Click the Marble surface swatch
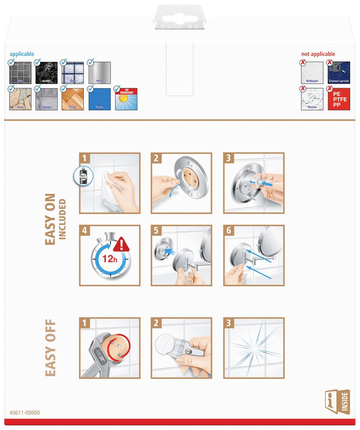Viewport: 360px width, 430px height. (x=46, y=73)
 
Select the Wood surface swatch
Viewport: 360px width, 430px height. (x=73, y=99)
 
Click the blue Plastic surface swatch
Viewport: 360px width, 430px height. (x=100, y=99)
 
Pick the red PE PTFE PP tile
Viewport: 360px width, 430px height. (x=339, y=99)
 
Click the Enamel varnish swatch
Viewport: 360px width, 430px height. (x=339, y=72)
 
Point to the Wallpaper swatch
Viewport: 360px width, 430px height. (x=312, y=72)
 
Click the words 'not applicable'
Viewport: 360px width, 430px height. (x=318, y=54)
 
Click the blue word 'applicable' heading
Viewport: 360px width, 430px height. (x=22, y=54)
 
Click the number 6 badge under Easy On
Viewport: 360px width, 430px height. (x=229, y=231)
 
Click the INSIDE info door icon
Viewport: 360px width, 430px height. (x=337, y=402)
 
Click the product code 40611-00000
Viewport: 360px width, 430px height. (x=25, y=413)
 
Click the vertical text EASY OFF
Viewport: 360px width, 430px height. (x=50, y=348)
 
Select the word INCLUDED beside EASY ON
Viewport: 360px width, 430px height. (x=62, y=219)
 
